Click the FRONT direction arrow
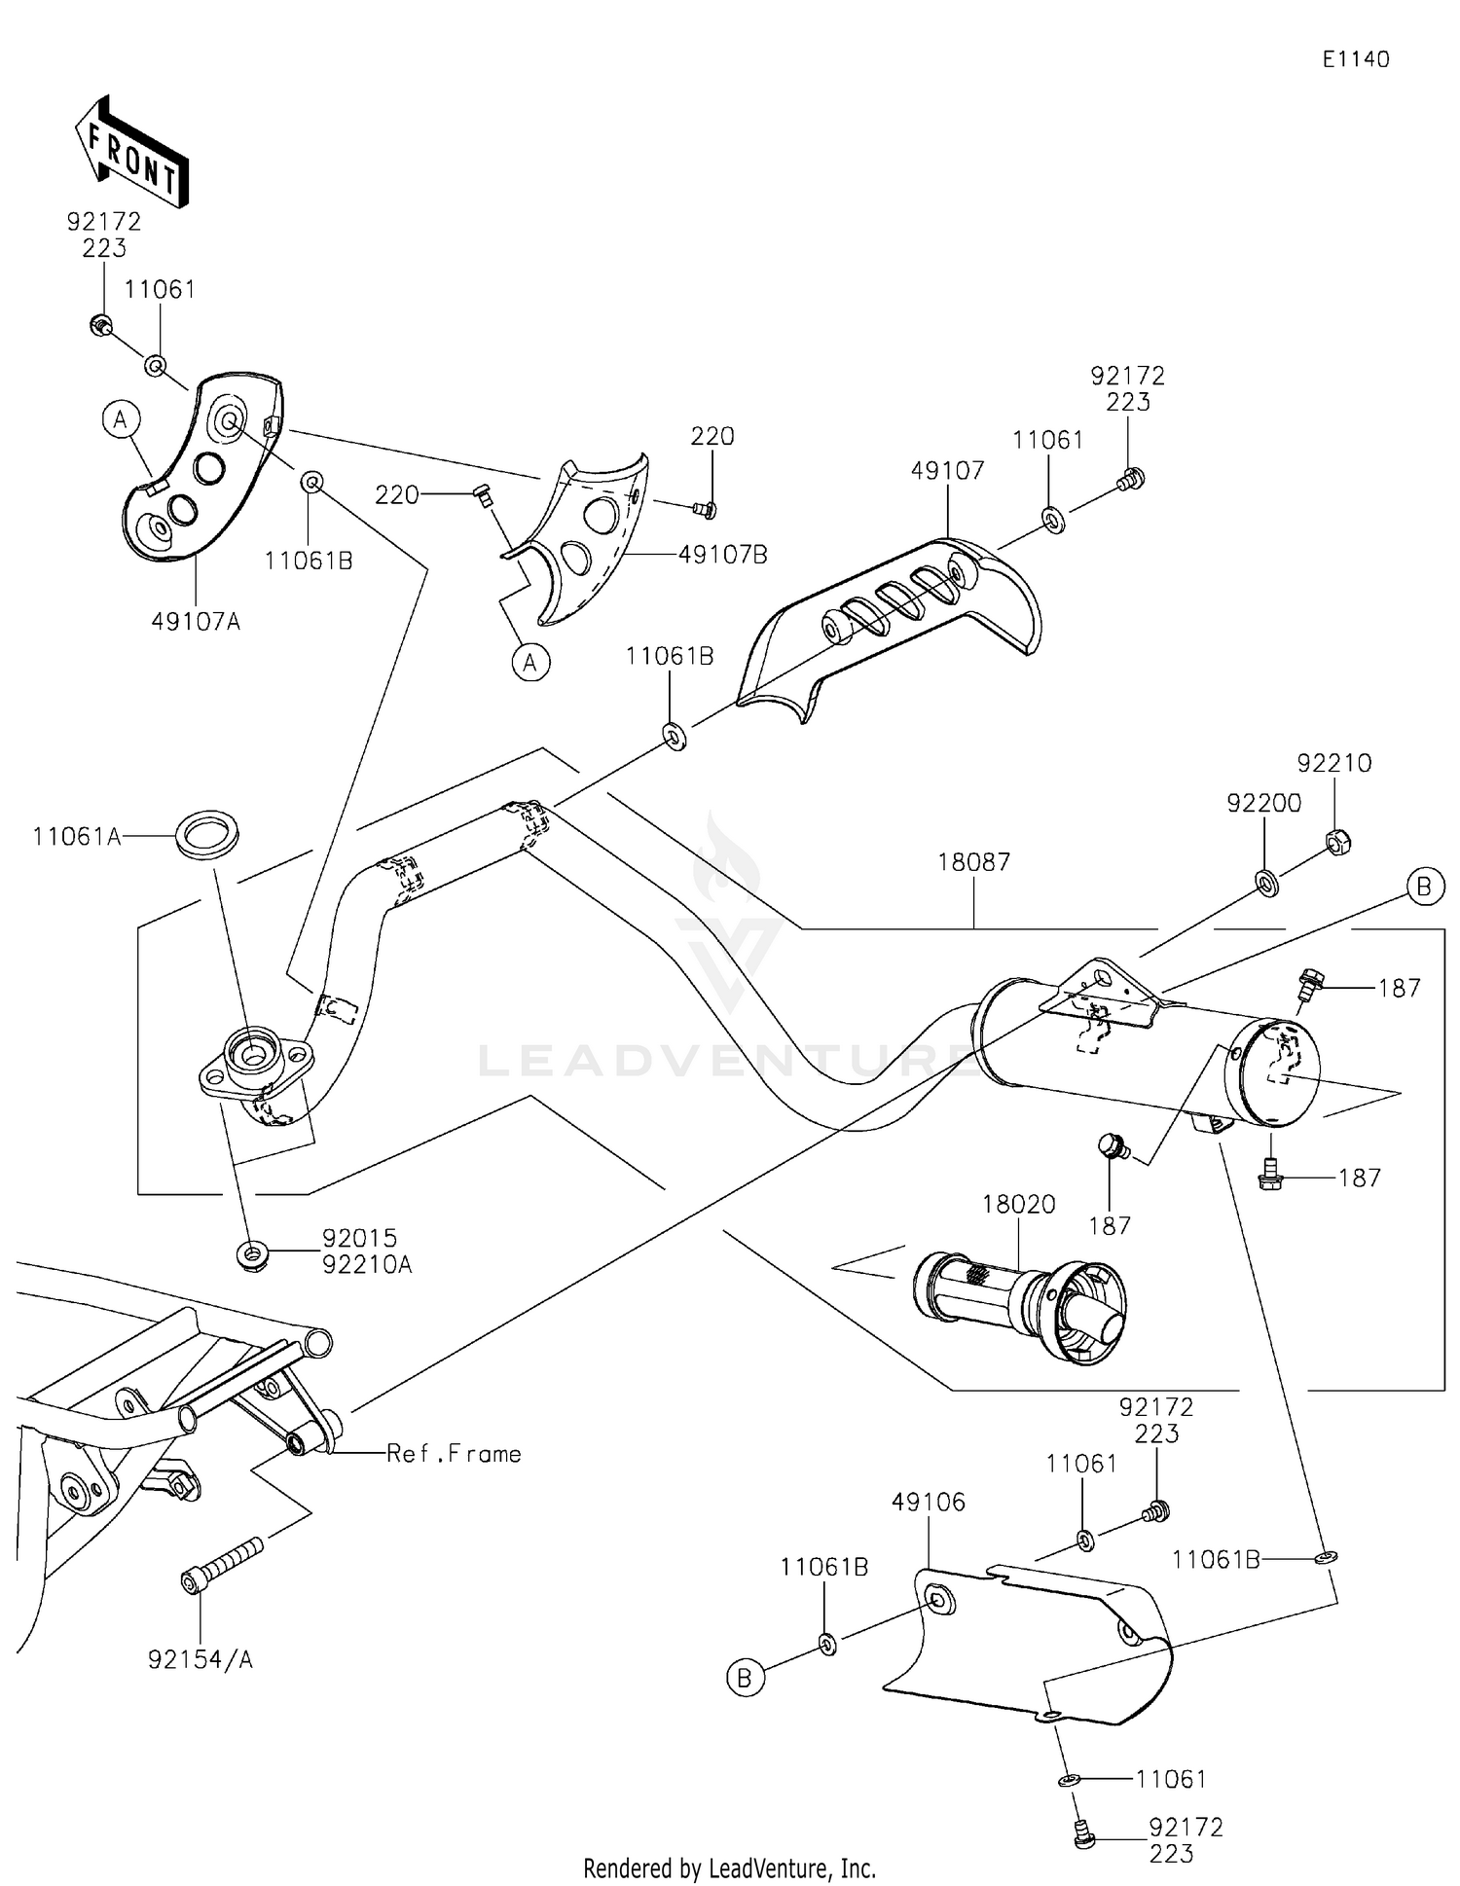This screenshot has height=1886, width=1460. [131, 152]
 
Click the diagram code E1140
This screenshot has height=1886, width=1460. [1355, 59]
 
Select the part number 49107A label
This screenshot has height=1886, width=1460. [196, 621]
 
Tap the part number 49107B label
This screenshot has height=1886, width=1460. [722, 555]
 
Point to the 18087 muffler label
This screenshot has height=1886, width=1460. [973, 862]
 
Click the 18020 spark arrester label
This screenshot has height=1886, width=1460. [1018, 1204]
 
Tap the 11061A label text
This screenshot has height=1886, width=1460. [77, 836]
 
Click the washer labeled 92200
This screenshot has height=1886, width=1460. [1267, 884]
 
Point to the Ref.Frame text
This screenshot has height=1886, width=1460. [454, 1454]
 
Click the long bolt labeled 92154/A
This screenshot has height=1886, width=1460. [223, 1568]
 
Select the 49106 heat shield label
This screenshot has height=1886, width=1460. [929, 1503]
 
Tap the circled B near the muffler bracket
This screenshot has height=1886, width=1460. [1424, 887]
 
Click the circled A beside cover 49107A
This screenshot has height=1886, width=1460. [121, 419]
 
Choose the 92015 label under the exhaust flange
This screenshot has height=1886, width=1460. [360, 1238]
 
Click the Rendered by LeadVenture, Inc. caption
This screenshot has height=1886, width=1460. [729, 1868]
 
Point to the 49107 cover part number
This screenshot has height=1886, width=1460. [947, 471]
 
